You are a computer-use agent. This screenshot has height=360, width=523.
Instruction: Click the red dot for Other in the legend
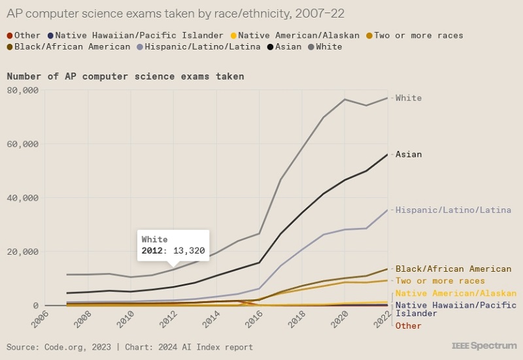click(x=9, y=35)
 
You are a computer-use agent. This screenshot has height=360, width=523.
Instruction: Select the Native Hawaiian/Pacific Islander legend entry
click(x=139, y=35)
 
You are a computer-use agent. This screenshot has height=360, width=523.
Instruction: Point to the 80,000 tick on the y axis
click(x=24, y=90)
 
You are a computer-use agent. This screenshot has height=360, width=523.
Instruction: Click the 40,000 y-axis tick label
click(x=24, y=198)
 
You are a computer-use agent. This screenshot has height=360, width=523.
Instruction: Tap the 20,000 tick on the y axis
click(x=24, y=252)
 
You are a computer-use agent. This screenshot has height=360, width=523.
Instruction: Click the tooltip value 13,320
click(x=184, y=252)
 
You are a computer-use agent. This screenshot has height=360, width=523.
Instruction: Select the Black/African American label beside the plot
click(x=453, y=269)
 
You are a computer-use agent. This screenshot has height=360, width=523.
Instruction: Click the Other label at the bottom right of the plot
click(x=409, y=326)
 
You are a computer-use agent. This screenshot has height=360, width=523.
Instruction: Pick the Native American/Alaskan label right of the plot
click(x=456, y=293)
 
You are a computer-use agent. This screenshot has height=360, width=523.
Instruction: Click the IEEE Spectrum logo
click(x=483, y=345)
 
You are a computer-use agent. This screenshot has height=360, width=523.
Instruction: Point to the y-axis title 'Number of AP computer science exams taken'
click(x=125, y=76)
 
